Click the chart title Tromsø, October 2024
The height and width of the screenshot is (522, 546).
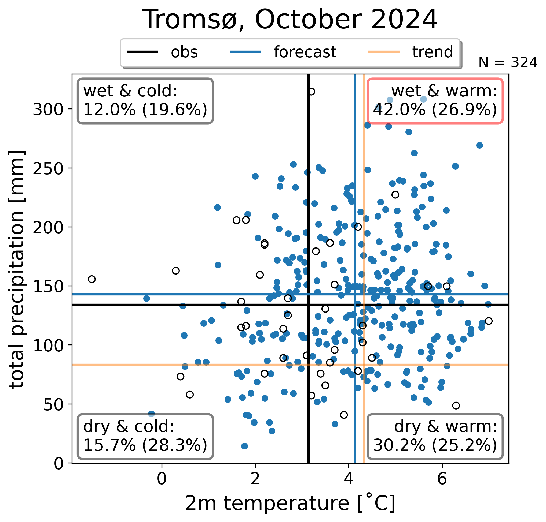(290, 20)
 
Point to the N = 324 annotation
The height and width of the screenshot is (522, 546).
(508, 63)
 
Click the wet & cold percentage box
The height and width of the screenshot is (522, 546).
(145, 101)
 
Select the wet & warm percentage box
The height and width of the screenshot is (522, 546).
(435, 101)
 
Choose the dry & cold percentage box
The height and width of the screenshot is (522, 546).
(145, 436)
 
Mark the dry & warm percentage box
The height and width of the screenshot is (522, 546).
(435, 436)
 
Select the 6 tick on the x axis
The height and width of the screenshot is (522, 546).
(442, 479)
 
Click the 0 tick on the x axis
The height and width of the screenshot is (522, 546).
(162, 479)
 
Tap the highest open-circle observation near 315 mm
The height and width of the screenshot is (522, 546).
(311, 92)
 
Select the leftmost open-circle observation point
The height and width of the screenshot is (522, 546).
(92, 279)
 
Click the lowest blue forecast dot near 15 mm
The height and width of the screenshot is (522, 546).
(244, 446)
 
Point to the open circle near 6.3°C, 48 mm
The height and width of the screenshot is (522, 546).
(456, 405)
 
